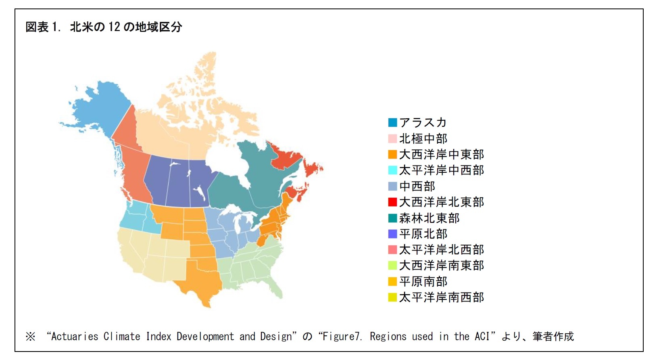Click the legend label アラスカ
423,122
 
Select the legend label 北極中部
423,138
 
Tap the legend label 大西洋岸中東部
441,154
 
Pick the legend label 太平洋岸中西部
441,170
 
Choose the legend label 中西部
417,186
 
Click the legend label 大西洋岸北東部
441,202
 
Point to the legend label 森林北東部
429,218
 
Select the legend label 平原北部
423,234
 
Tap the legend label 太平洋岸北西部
441,249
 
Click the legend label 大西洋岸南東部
441,265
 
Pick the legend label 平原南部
423,281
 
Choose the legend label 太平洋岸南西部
441,297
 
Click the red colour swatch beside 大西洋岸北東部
392,202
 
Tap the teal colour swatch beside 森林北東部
392,218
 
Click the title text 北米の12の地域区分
126,27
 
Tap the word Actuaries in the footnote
75,336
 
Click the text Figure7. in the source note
343,336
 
